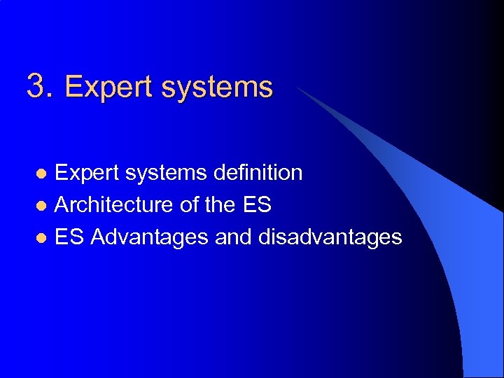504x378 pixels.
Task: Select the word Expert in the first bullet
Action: tap(82, 173)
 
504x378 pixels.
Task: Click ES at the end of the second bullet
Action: tap(258, 205)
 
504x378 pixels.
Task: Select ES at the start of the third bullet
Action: tap(69, 237)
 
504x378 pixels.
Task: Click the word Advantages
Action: tap(150, 238)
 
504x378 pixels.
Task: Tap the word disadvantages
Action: tap(330, 238)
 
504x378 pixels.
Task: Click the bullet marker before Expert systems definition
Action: tap(41, 174)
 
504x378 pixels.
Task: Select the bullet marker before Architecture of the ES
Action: tap(41, 206)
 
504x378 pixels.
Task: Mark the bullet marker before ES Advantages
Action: tap(41, 238)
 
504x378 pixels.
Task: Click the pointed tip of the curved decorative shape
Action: tap(298, 89)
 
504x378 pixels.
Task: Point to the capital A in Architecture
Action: tap(62, 205)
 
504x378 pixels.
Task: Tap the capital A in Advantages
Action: tap(98, 237)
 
